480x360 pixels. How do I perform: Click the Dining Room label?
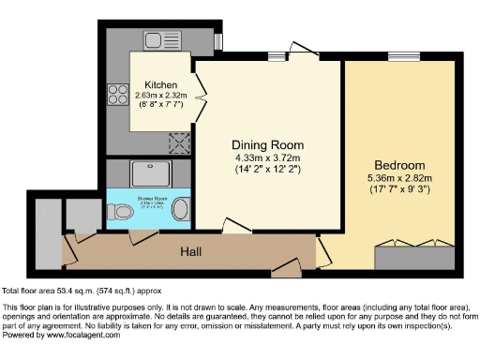(x=268, y=144)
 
